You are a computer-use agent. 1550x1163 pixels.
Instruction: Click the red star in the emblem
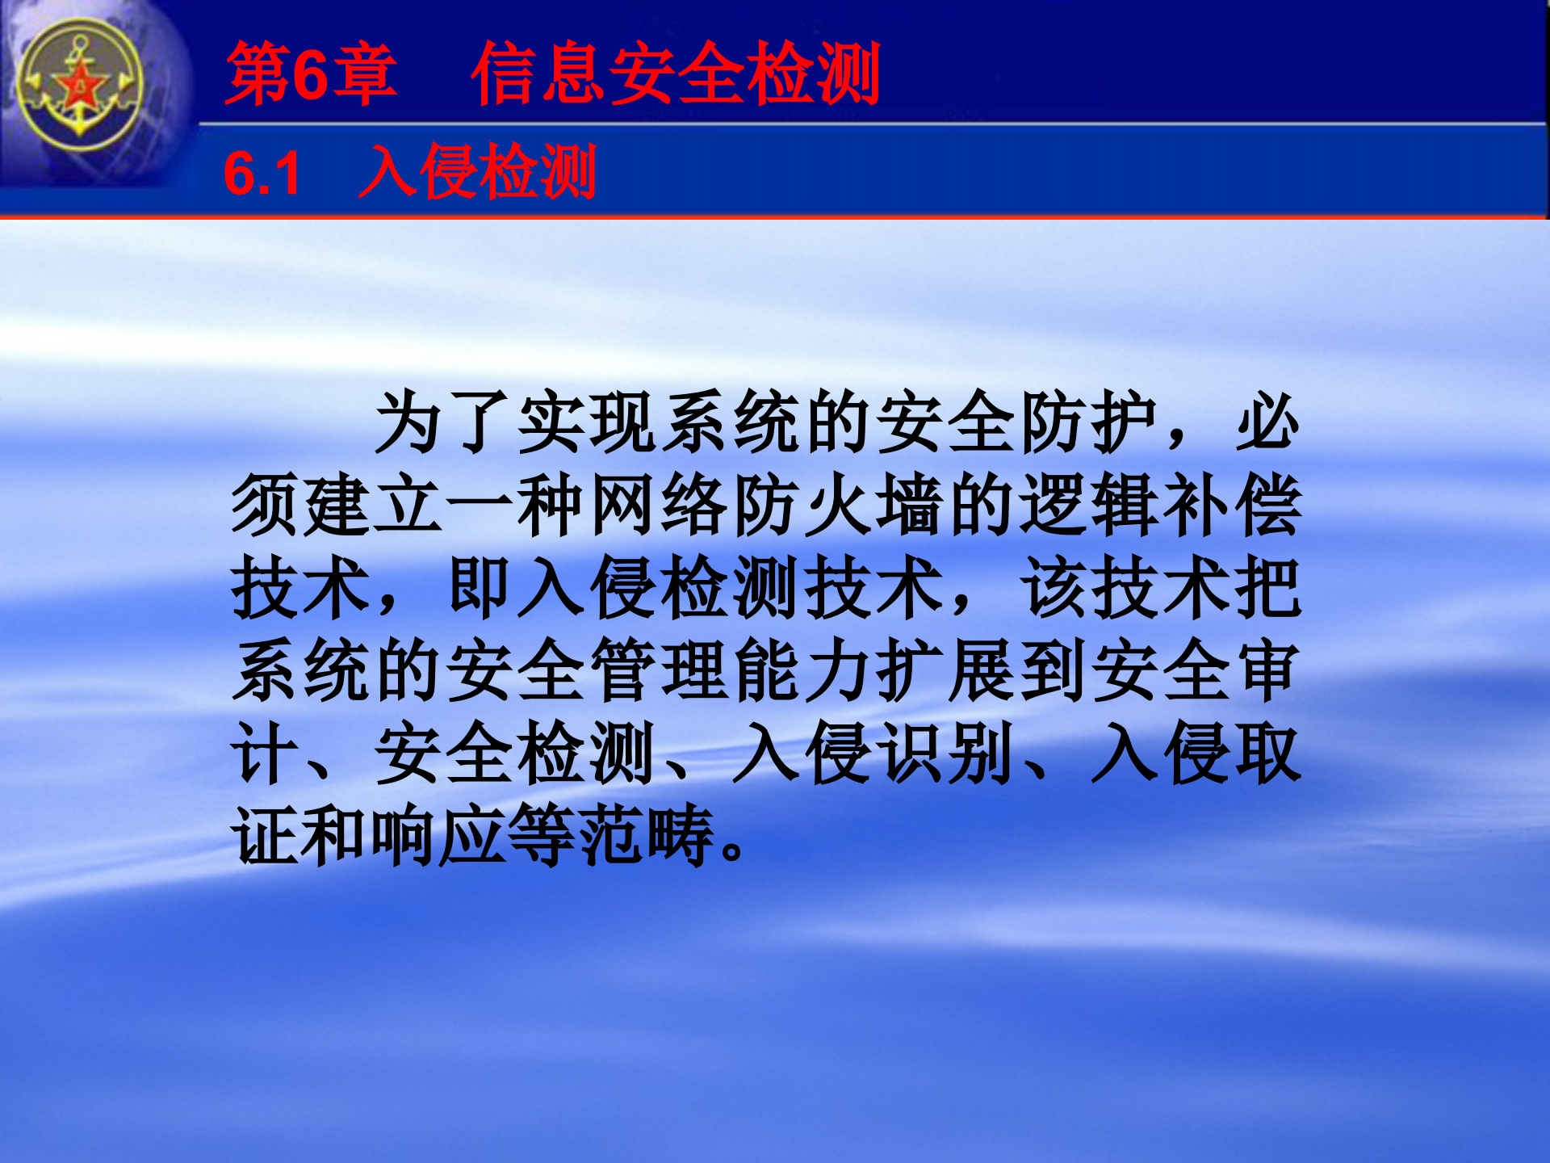pos(79,84)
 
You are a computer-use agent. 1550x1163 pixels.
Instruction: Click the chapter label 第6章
pos(311,74)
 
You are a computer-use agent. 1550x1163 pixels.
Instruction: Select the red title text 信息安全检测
pos(676,74)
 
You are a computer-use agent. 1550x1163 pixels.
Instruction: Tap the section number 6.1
pos(262,174)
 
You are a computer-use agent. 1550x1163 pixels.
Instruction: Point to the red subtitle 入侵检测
pos(477,172)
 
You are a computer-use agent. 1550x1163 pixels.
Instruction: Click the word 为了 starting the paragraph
pos(446,422)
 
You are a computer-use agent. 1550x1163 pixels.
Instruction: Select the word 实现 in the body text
pos(589,422)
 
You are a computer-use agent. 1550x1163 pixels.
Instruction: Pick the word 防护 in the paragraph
pos(1090,422)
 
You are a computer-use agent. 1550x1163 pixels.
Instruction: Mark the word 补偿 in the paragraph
pos(1233,506)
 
